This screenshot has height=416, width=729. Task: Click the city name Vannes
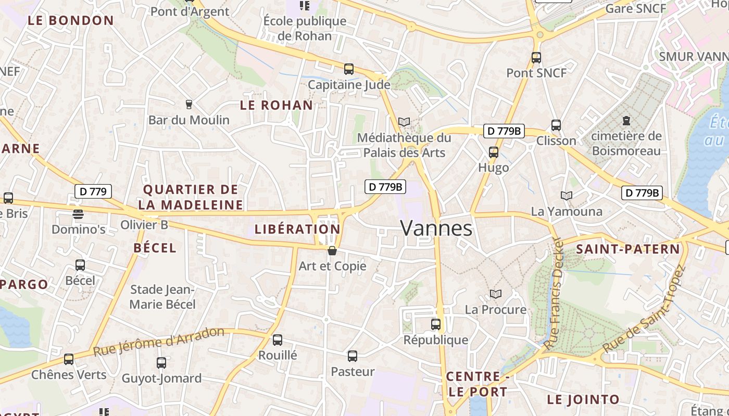pos(436,228)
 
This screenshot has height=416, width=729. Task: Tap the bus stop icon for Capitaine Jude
pos(349,69)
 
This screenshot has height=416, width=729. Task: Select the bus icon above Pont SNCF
pos(536,58)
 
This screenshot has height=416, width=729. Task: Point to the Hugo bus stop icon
pos(494,152)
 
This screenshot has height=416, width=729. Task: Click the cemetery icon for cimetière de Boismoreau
pos(626,121)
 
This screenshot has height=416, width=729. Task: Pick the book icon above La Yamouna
pos(567,196)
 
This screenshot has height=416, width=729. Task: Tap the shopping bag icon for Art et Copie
pos(332,251)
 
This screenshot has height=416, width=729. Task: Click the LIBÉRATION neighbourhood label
pos(297,229)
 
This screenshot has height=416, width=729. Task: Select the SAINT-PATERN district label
pos(628,249)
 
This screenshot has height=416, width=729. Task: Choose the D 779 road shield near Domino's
pos(94,191)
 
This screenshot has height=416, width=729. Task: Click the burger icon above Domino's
pos(78,214)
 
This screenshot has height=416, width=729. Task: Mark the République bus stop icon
pos(436,324)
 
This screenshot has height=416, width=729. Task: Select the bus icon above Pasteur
pos(353,356)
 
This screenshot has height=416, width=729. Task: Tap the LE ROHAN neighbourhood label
pos(276,105)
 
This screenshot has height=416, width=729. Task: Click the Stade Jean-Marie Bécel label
pos(162,297)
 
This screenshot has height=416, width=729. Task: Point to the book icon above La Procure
pos(496,294)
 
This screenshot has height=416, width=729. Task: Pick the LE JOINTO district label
pos(583,400)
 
